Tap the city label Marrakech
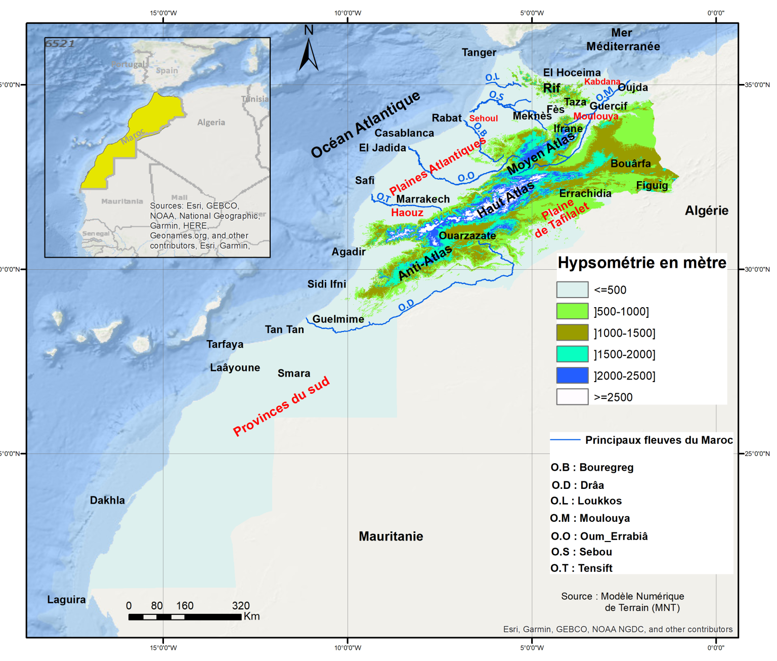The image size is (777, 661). point(423,199)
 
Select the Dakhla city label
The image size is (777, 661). point(107,500)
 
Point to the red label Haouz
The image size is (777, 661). point(407,213)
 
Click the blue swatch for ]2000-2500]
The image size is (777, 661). point(572,376)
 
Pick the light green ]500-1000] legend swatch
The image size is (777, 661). point(572,311)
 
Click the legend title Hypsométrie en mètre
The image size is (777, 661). point(642,263)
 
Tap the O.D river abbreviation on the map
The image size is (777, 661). point(406,305)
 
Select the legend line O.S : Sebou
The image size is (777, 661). point(581,552)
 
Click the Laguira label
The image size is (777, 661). point(66,600)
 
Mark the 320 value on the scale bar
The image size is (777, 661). point(241,606)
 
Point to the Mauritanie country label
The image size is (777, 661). point(391,536)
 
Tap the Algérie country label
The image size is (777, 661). point(706,211)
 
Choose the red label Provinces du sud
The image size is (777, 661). point(281,406)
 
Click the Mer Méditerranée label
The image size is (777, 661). point(623,39)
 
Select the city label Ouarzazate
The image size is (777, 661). point(467,236)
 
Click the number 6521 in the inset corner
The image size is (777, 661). point(60,44)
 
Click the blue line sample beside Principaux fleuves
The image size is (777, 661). point(565,440)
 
